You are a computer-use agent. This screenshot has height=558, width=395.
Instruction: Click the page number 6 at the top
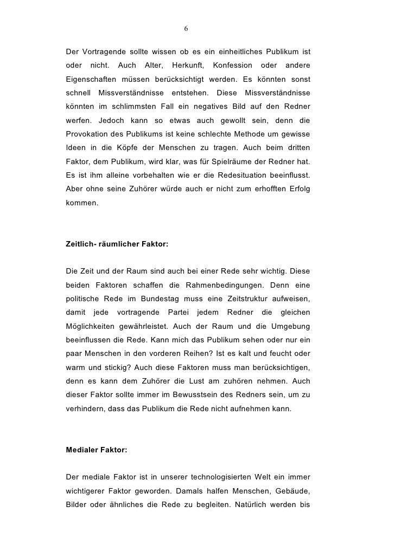pyautogui.click(x=186, y=28)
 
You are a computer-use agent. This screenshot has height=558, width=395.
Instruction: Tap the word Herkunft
pyautogui.click(x=184, y=66)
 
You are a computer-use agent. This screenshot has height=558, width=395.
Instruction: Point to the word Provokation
pyautogui.click(x=87, y=132)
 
